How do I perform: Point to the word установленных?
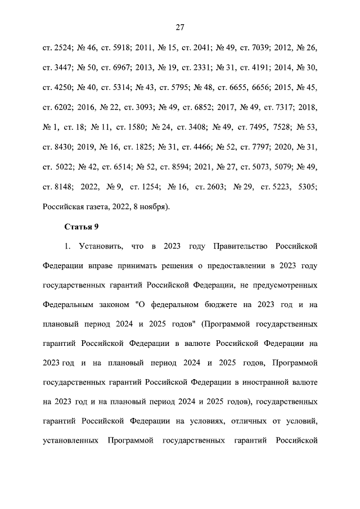point(70,440)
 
